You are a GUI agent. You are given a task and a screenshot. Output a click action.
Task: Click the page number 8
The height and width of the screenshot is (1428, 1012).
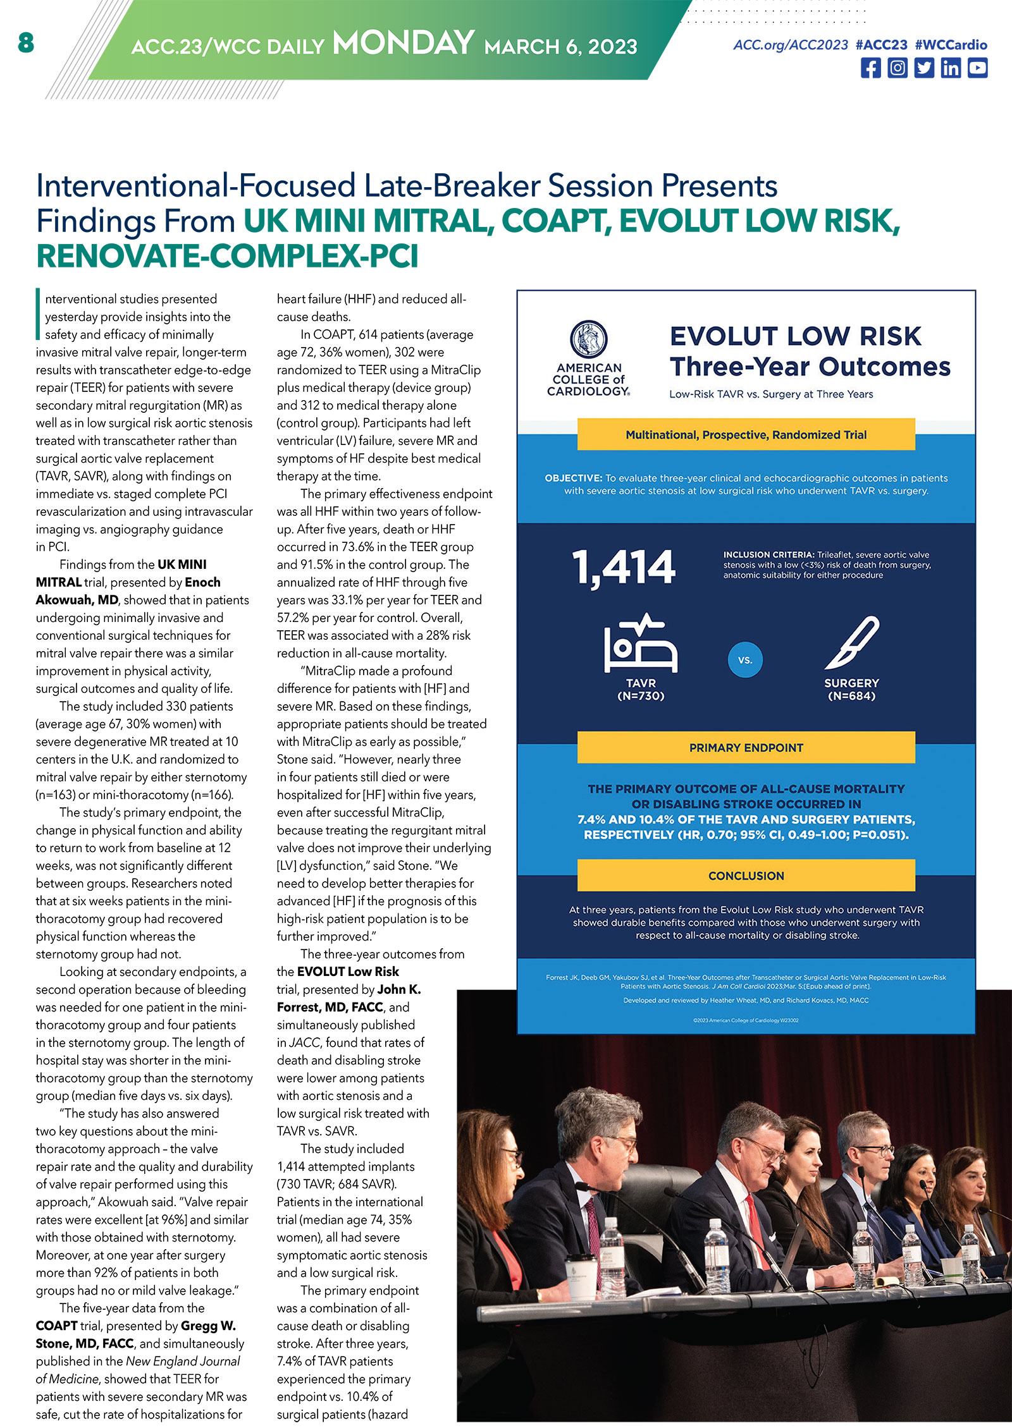[x=26, y=43]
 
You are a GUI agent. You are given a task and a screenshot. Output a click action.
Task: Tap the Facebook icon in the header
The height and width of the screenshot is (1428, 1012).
[x=870, y=68]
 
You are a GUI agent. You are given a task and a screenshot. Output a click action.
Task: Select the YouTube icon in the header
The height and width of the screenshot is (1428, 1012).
[x=977, y=68]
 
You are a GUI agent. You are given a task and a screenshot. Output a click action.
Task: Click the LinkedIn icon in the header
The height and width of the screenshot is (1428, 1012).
[x=951, y=68]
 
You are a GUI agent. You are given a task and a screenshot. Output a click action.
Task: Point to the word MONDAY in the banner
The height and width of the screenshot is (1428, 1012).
[x=403, y=44]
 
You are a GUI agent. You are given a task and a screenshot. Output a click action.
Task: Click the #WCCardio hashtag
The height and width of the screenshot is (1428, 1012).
[x=951, y=45]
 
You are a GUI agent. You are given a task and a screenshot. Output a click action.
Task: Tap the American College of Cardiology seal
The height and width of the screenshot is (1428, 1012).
[x=588, y=339]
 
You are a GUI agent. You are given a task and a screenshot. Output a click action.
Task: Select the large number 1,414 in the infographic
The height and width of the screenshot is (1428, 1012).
[x=624, y=567]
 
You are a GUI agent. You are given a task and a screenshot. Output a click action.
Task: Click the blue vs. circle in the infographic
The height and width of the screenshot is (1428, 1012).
[x=745, y=660]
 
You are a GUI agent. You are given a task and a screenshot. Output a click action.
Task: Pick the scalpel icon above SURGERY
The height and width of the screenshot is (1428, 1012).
[x=852, y=643]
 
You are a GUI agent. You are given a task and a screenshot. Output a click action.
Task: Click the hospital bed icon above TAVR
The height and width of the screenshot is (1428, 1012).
[x=640, y=643]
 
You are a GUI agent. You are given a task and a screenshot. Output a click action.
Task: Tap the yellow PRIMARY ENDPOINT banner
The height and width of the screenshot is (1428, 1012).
[x=746, y=748]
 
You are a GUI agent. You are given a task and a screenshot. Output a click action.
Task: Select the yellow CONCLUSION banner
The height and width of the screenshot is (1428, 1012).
[x=746, y=876]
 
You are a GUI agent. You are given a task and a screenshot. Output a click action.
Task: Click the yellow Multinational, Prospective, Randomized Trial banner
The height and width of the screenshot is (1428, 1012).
[x=746, y=435]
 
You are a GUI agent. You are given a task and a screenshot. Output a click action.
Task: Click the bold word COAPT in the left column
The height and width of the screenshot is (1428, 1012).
[x=56, y=1326]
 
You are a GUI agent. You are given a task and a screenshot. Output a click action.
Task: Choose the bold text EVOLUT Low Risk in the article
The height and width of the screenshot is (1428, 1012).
[x=348, y=972]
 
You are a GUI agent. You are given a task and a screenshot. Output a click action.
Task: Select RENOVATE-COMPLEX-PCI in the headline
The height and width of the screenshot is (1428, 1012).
[x=227, y=257]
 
